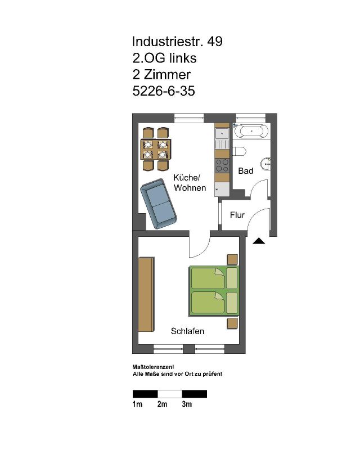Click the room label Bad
pos(245,171)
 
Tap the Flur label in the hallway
pos(237,215)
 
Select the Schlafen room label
pos(187,331)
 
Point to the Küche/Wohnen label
pos(190,182)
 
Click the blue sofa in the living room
pos(158,204)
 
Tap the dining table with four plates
pos(155,149)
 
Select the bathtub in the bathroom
pos(251,131)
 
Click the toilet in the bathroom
pos(239,151)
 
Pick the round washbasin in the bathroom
pos(266,164)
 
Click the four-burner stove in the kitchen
pos(222,165)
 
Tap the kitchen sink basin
pos(222,133)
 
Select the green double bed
pos(214,291)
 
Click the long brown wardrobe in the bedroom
pos(146,294)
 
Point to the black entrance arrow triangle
pos(259,241)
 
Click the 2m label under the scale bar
pos(162,404)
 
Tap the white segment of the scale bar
pos(170,394)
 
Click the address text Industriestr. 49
pos(177,41)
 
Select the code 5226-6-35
pos(164,91)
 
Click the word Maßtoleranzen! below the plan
pos(154,367)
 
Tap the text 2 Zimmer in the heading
pos(161,75)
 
